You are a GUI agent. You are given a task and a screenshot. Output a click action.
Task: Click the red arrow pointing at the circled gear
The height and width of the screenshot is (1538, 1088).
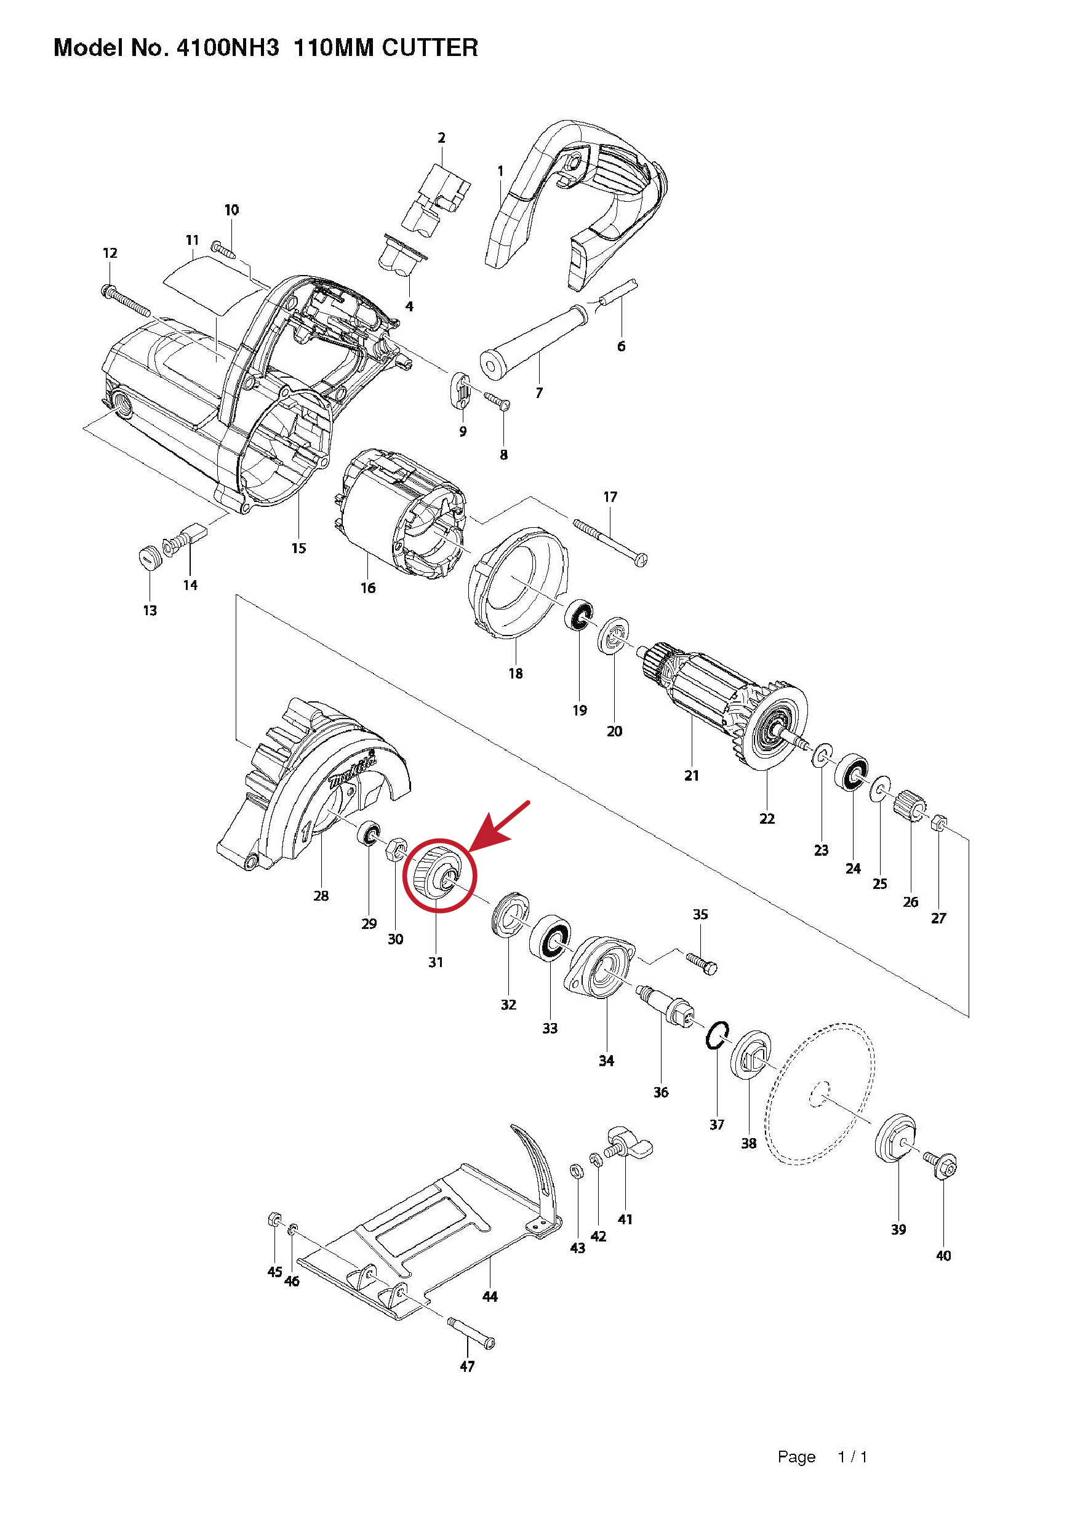tap(499, 827)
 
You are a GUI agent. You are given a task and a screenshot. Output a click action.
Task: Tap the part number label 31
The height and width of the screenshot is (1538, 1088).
tap(436, 962)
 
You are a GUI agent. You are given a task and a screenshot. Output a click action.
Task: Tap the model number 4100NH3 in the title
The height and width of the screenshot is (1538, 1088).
tap(228, 48)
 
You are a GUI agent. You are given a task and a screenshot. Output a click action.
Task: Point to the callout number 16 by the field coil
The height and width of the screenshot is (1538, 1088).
tap(368, 588)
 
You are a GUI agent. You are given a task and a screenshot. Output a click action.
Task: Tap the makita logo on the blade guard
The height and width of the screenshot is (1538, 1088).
tap(353, 771)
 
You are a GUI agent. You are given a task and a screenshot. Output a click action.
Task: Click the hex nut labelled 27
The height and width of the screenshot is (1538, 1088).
tap(938, 822)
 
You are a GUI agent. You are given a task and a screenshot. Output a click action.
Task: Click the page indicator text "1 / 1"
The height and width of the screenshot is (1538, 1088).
tap(852, 1456)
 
